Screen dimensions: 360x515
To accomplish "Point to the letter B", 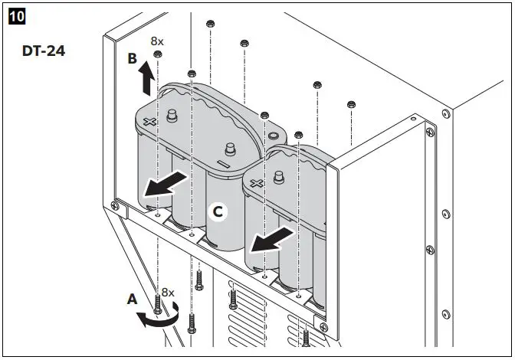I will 133,58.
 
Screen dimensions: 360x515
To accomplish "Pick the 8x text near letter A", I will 168,292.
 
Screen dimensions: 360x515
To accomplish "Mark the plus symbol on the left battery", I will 150,123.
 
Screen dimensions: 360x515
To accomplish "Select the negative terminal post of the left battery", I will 228,149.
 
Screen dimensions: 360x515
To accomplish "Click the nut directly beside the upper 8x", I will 157,55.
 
